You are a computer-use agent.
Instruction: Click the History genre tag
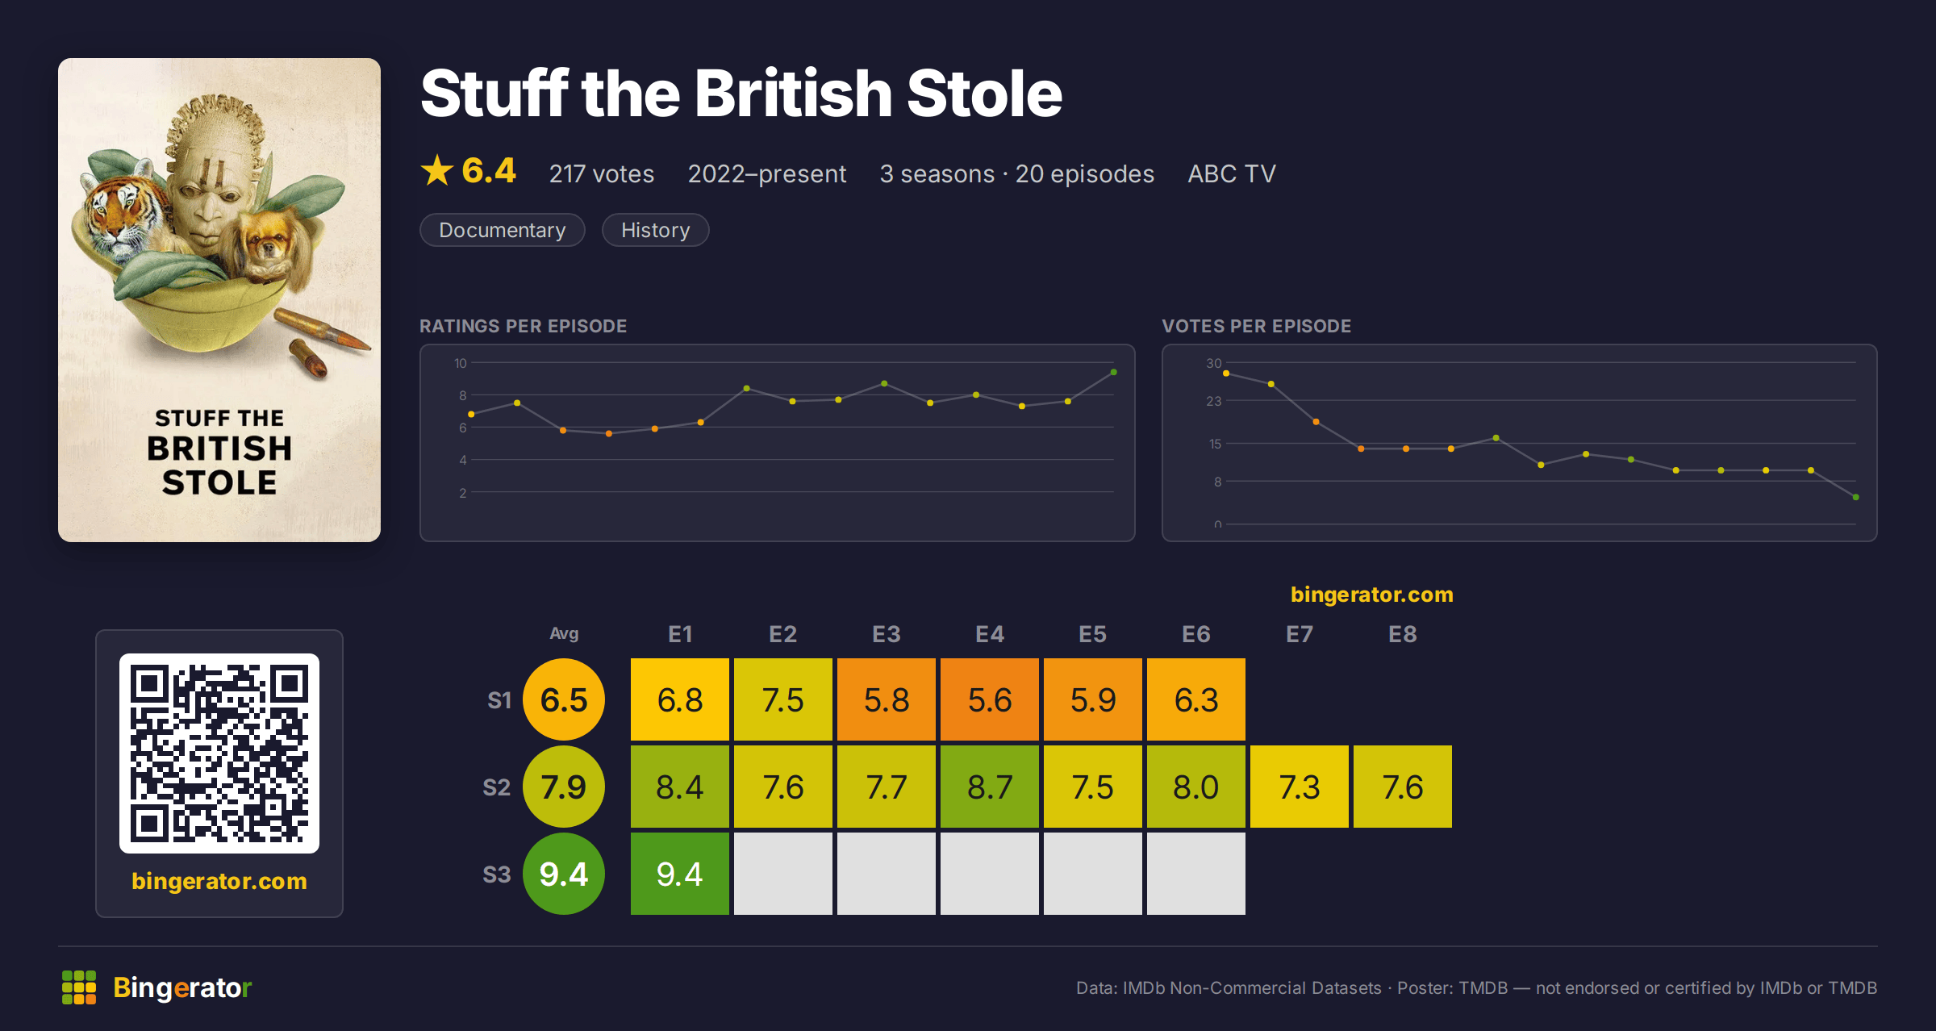coord(655,230)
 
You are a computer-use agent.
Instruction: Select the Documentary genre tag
coord(502,230)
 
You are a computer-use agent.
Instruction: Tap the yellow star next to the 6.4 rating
coord(437,170)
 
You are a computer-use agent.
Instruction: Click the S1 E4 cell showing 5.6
coord(990,699)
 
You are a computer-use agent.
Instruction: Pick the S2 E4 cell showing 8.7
coord(990,787)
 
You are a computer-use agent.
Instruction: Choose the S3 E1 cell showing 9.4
coord(680,874)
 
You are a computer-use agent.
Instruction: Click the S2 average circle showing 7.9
coord(564,787)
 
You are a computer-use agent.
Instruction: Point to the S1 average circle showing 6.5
coord(564,699)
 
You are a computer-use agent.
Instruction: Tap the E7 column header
coord(1300,634)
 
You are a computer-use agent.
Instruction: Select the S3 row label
coord(497,874)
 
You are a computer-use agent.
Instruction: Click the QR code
coord(219,753)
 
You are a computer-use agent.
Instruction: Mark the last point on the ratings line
coord(1114,372)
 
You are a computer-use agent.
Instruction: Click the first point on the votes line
coord(1226,374)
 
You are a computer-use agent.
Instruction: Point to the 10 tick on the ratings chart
coord(461,363)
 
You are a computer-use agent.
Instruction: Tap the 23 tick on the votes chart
coord(1214,401)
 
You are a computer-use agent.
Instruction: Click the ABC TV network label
coord(1232,173)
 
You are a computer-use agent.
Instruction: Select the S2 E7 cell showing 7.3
coord(1300,787)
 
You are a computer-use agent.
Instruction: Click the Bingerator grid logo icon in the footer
coord(79,987)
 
